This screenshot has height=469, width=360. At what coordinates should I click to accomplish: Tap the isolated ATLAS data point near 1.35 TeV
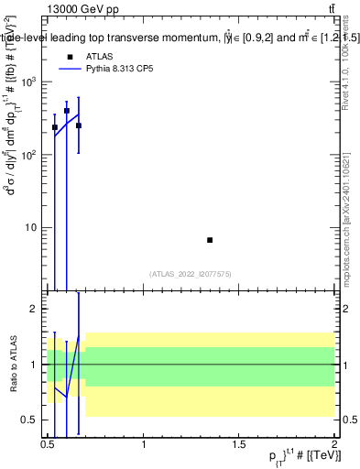point(210,240)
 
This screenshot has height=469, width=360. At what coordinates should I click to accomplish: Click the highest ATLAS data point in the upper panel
point(67,111)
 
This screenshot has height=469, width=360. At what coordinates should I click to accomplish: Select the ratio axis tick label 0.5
point(29,420)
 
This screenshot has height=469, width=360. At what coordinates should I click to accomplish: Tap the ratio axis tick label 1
point(34,365)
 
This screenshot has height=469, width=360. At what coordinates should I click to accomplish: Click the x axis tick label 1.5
point(239,445)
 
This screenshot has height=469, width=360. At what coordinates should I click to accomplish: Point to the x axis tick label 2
point(333,445)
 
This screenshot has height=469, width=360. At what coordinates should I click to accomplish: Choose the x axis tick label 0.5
point(48,445)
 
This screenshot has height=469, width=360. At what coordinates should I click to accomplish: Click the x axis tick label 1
point(145,445)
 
